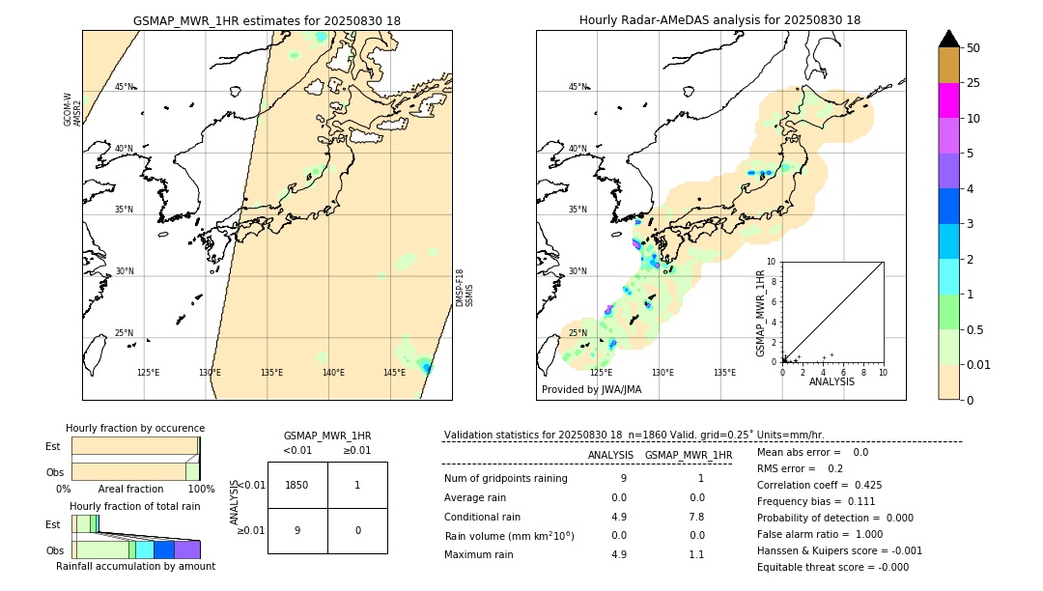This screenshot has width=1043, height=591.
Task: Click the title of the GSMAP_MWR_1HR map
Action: tap(267, 20)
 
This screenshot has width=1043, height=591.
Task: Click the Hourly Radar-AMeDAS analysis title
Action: tap(719, 20)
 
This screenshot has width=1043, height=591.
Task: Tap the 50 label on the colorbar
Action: tap(973, 48)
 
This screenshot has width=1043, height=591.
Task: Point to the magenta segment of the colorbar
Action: tap(948, 100)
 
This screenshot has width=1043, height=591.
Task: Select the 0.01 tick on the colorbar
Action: tap(979, 364)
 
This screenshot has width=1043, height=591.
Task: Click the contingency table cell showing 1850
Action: tap(297, 485)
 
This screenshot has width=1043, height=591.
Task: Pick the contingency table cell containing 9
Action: tap(297, 530)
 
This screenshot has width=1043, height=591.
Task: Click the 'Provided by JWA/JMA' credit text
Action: tap(591, 390)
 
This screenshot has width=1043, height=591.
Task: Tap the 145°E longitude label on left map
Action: tap(394, 373)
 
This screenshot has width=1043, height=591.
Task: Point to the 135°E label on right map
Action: tap(724, 373)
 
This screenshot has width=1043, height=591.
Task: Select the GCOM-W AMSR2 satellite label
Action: tap(72, 109)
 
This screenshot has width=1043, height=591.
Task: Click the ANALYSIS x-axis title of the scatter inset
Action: tap(832, 381)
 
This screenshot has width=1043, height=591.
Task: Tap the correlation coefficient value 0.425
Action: tap(866, 485)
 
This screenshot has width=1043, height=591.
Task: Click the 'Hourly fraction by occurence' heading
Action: tap(135, 428)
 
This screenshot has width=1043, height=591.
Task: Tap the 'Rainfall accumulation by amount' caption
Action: tap(135, 566)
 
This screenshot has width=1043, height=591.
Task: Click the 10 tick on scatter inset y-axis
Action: tap(772, 262)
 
